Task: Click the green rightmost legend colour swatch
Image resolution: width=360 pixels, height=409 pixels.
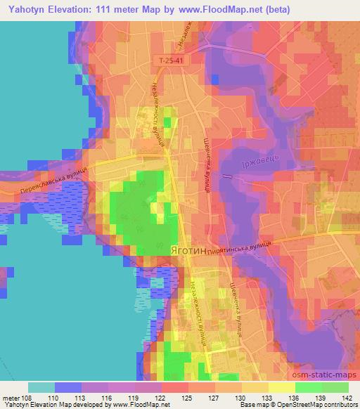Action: [x=335, y=387]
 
